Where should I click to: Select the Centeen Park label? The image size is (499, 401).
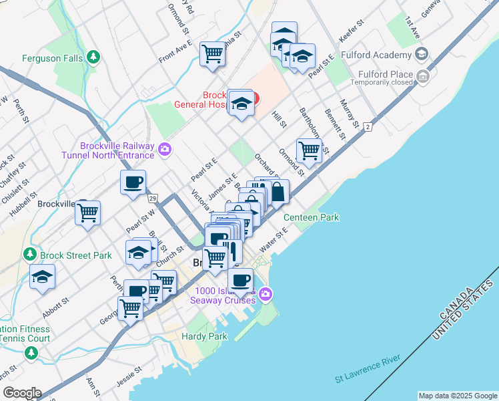tap(311, 217)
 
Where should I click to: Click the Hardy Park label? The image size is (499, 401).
tap(204, 337)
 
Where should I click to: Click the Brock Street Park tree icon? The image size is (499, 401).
tap(29, 255)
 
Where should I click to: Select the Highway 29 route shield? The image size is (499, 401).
tap(153, 199)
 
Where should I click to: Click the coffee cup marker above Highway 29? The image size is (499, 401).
tap(133, 181)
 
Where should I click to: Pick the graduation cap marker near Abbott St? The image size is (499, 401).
tap(42, 276)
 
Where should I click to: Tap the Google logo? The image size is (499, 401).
tap(22, 393)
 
